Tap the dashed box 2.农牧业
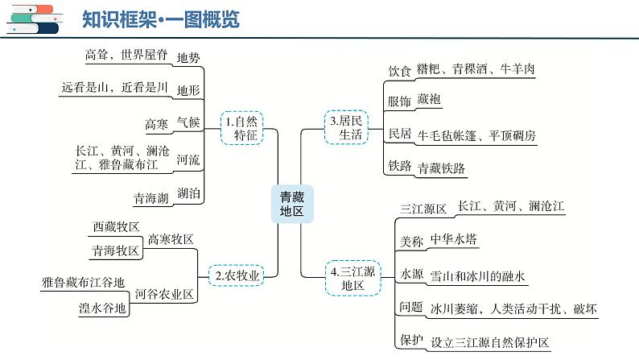coord(237,275)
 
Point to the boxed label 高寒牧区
coord(171,239)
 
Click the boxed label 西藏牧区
coord(116,227)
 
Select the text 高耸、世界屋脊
coord(126,56)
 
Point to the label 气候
coord(187,123)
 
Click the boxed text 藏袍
coord(430,101)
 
